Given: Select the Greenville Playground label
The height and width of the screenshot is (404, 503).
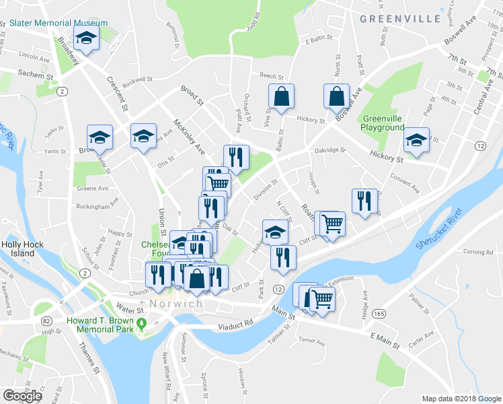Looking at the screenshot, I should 382,123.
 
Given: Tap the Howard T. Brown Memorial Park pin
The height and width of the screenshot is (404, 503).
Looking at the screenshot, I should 141,327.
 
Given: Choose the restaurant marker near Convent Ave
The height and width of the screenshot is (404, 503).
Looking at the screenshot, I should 364,201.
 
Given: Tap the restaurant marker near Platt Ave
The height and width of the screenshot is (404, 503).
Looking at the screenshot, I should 236,157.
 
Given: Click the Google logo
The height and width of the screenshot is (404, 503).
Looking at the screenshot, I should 22,396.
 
